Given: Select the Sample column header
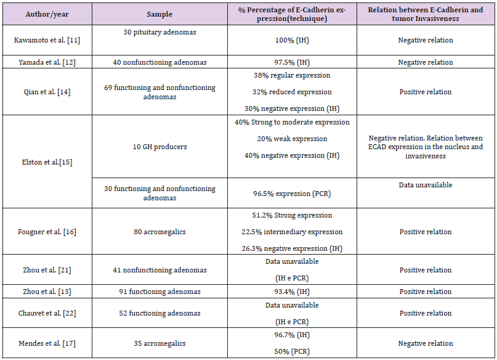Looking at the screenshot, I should pyautogui.click(x=160, y=12).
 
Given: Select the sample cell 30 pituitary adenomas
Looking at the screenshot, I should pyautogui.click(x=160, y=32).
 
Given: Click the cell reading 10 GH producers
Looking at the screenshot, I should pyautogui.click(x=160, y=147).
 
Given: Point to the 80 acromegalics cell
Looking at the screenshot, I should pyautogui.click(x=160, y=232).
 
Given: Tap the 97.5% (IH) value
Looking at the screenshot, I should pyautogui.click(x=292, y=62).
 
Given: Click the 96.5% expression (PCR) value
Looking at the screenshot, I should pyautogui.click(x=292, y=194).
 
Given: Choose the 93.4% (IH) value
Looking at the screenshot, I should pyautogui.click(x=292, y=292).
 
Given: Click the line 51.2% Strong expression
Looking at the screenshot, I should pyautogui.click(x=292, y=216).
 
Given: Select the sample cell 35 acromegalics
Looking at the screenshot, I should pyautogui.click(x=160, y=343).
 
